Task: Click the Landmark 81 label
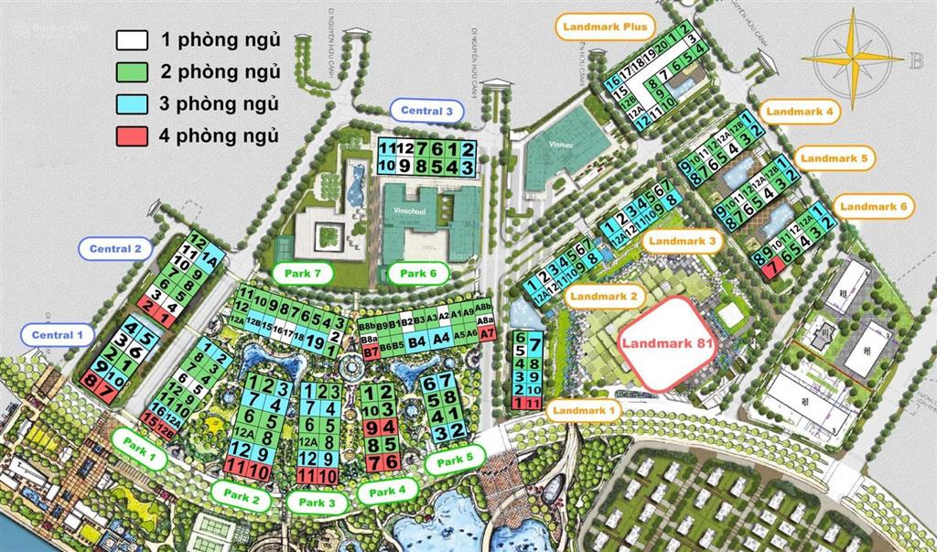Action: pos(665,344)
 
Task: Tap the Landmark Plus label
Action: pos(605,27)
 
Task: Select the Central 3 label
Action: pos(427,111)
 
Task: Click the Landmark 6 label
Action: pos(874,208)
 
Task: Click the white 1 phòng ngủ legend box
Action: pos(132,39)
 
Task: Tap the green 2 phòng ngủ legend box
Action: pos(132,71)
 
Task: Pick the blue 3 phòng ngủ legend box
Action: pos(132,103)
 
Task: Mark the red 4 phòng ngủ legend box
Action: pos(132,136)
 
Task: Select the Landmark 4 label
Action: pos(801,112)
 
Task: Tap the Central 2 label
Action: pos(115,248)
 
